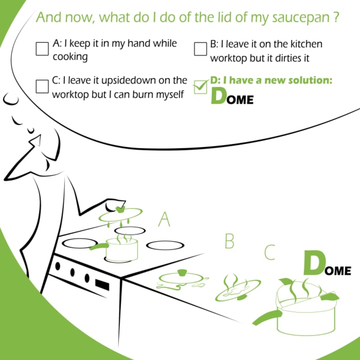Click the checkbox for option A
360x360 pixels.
pyautogui.click(x=42, y=49)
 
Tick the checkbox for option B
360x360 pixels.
pyautogui.click(x=200, y=49)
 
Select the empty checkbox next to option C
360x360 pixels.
pyautogui.click(x=42, y=86)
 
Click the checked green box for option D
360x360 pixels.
pyautogui.click(x=200, y=87)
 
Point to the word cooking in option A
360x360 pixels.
pyautogui.click(x=70, y=57)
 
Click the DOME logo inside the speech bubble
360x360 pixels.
pyautogui.click(x=232, y=97)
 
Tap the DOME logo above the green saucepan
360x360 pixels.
pyautogui.click(x=327, y=264)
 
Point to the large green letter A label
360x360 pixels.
pyautogui.click(x=164, y=220)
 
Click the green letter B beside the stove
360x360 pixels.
pyautogui.click(x=229, y=241)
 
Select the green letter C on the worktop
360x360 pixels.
pyautogui.click(x=270, y=252)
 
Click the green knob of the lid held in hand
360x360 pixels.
pyautogui.click(x=120, y=209)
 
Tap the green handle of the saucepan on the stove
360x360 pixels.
pyautogui.click(x=99, y=247)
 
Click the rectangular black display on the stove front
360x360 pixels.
pyautogui.click(x=102, y=284)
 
